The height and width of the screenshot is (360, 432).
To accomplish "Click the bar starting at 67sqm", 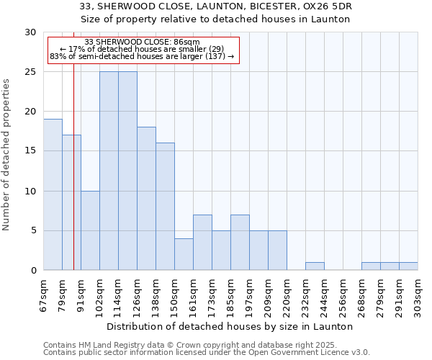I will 53,194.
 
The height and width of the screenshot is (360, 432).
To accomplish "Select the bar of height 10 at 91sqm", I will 90,230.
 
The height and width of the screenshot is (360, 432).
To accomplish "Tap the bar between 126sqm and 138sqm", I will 146,198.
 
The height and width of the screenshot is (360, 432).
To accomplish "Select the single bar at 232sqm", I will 315,266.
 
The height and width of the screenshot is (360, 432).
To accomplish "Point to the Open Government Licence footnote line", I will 206,353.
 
